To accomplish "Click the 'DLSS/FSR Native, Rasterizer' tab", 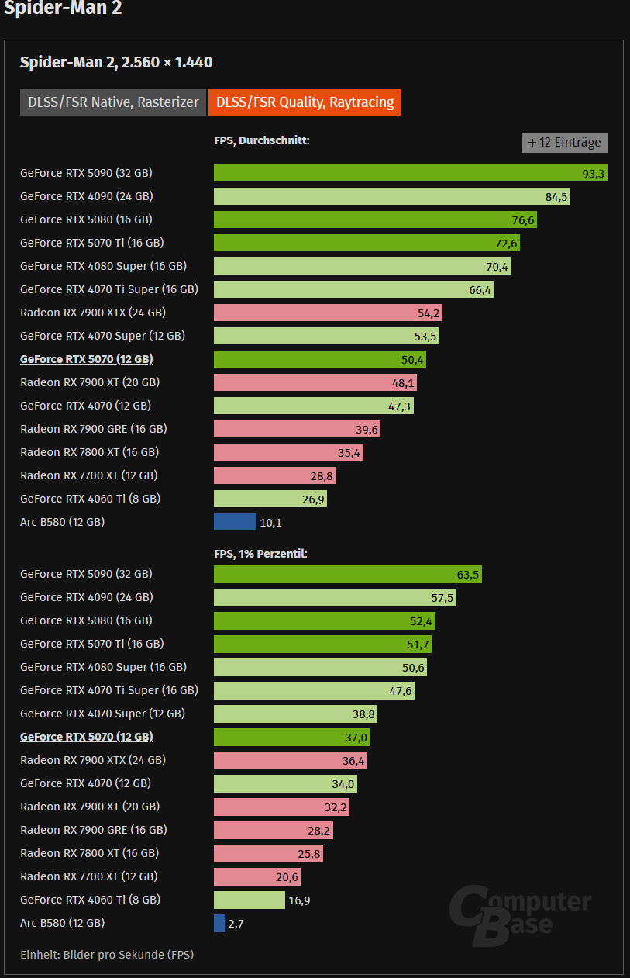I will point(113,102).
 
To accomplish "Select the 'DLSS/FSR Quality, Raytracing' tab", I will point(305,102).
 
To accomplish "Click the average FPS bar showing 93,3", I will point(410,173).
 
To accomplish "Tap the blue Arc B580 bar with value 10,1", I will point(235,522).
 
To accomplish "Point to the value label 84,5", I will point(556,197).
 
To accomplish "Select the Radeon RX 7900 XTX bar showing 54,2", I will point(328,313).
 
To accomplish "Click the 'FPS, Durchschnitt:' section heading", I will point(262,140).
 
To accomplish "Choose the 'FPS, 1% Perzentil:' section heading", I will point(261,554).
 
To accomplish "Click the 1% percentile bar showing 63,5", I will point(347,575).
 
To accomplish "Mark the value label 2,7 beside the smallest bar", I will point(236,924).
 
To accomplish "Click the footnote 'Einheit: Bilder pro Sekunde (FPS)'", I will point(107,955).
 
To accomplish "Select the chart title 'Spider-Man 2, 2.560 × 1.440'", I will point(116,63).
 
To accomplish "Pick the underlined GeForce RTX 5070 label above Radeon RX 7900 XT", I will point(86,359).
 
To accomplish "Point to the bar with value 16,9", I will point(250,900).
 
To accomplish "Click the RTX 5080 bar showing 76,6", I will point(375,219).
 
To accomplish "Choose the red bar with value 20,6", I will point(256,876).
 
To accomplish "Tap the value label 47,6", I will point(400,690).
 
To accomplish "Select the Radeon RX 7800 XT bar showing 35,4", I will point(288,452).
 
